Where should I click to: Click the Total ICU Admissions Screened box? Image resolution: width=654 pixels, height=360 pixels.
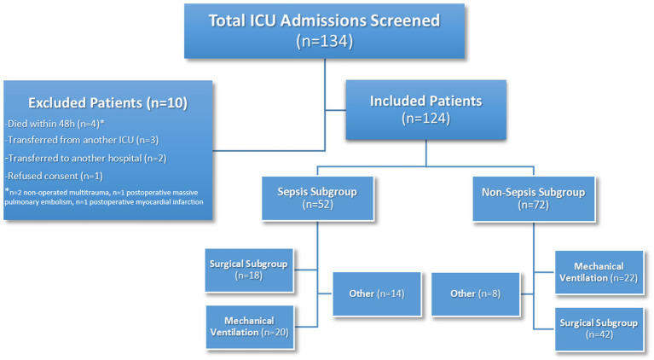coord(324,31)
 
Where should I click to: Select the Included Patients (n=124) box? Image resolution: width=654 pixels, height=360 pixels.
coord(425,110)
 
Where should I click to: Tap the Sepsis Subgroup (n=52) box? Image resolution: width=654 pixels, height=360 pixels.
coord(317,198)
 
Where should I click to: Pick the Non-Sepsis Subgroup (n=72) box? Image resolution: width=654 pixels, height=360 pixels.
coord(534,199)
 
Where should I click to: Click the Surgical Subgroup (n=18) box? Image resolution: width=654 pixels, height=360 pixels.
coord(249,270)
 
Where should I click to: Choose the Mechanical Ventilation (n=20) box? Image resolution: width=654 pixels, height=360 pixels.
coord(250,327)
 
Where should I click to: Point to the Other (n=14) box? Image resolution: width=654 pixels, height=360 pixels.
coord(377,293)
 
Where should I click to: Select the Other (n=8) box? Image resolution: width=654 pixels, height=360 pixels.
coord(476,293)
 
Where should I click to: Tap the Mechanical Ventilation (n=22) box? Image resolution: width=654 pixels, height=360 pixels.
coord(599,272)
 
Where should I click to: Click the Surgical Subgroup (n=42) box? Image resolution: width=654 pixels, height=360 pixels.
coord(599,328)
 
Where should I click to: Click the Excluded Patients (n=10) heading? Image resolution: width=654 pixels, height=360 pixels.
coord(108,102)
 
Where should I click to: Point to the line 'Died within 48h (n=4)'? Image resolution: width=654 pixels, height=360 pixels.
coord(55,124)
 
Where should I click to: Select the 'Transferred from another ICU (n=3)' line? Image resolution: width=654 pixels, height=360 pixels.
coord(82,140)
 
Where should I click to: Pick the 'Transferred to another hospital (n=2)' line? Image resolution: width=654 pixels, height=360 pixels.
coord(86,159)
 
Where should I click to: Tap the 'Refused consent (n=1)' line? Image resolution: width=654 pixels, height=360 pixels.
coord(55,176)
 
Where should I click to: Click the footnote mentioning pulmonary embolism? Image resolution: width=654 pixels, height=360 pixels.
coord(104,197)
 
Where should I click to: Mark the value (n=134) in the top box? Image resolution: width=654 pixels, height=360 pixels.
coord(325,41)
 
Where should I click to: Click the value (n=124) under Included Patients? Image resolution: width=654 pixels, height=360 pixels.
coord(425,119)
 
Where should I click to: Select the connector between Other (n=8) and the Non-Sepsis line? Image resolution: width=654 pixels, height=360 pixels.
coord(526,294)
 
